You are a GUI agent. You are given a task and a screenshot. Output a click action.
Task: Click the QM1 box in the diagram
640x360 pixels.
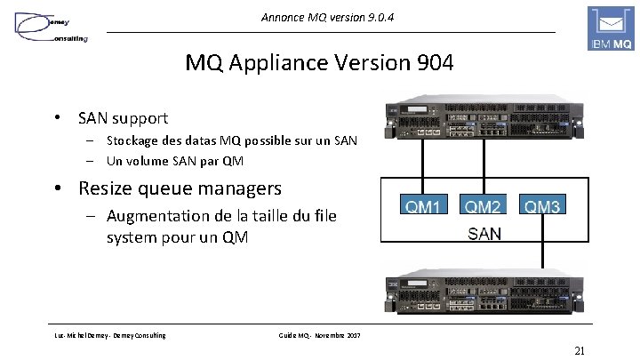[x=422, y=207]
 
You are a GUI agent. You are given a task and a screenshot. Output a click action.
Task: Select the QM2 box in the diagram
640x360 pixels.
[x=484, y=207]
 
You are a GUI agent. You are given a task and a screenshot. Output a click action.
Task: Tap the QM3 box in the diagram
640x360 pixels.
[x=542, y=207]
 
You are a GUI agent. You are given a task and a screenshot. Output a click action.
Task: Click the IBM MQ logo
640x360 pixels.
[x=610, y=29]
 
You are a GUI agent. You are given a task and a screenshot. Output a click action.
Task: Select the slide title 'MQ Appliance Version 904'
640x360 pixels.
[x=319, y=64]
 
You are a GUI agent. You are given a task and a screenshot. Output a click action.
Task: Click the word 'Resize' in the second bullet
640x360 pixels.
[x=109, y=188]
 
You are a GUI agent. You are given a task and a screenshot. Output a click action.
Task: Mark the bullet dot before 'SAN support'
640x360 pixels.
[x=56, y=117]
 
